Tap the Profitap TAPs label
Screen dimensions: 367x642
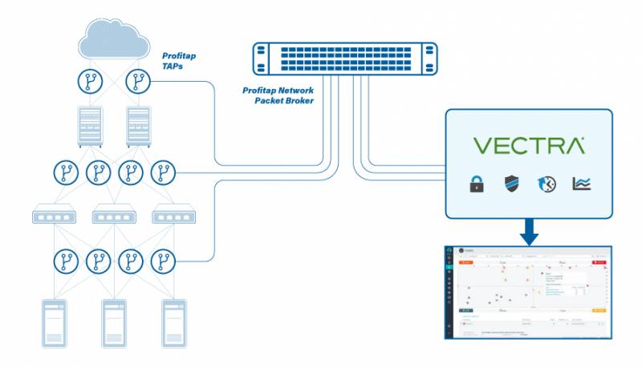coord(179,62)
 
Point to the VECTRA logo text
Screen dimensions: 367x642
coord(528,146)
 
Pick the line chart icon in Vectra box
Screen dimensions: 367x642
coord(581,184)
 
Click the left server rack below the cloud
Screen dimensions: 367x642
coord(89,126)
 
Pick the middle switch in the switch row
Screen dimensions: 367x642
coord(113,216)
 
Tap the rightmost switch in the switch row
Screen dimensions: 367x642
coord(175,216)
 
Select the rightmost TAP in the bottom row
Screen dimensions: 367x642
coord(163,261)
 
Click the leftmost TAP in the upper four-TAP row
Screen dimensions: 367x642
coord(65,172)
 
